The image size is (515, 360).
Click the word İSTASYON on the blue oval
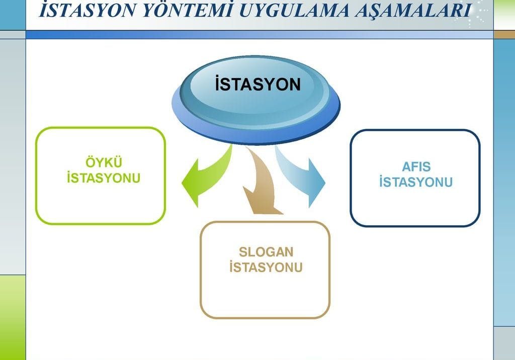coord(257,84)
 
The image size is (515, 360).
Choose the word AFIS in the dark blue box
coord(416,167)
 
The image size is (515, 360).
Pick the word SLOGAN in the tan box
coord(266,251)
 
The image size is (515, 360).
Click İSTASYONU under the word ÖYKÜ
coord(104,178)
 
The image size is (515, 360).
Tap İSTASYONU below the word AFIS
coord(416,182)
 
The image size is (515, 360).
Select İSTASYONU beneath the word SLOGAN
coord(266,267)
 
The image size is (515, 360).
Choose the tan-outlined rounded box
coord(265,297)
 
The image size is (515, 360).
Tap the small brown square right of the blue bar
coord(504,34)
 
